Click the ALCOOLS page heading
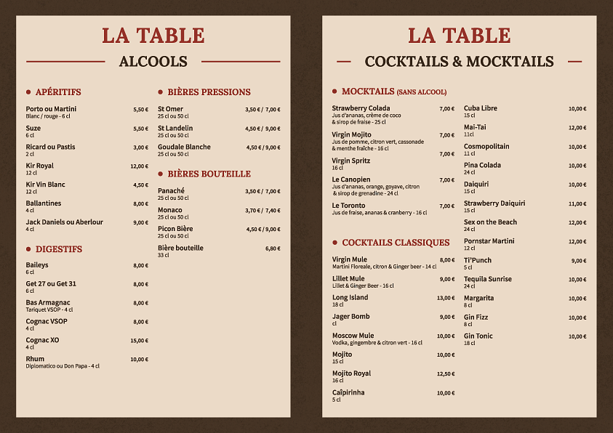153,62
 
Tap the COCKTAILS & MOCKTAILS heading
459,62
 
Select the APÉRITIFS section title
58,92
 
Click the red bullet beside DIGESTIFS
28,249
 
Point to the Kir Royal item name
40,166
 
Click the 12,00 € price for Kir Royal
139,166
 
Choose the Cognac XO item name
43,340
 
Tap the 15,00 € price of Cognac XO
139,341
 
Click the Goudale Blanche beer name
184,147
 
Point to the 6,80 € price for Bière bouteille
273,248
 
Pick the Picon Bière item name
175,229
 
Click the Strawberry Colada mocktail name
361,108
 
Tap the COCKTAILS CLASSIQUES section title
396,243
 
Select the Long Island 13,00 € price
445,298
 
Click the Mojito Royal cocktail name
351,373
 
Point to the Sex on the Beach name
490,222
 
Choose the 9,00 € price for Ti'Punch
578,261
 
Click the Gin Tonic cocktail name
478,336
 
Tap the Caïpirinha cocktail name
348,392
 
